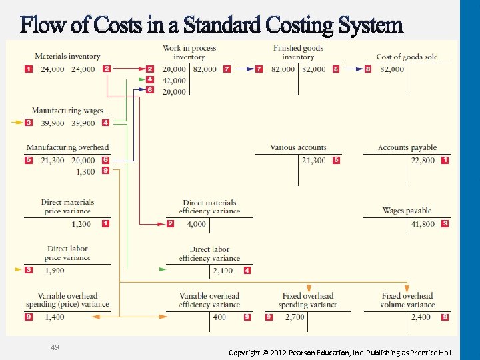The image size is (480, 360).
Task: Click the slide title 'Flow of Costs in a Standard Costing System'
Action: pos(212,25)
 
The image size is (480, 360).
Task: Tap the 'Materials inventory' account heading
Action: pos(67,57)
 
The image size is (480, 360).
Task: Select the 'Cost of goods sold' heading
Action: pos(407,57)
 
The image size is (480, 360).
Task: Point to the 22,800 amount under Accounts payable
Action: pos(423,160)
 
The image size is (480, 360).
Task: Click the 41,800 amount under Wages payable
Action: pos(423,224)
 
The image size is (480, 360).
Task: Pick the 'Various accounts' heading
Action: pos(298,147)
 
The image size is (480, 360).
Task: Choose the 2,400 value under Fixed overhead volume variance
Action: pos(421,317)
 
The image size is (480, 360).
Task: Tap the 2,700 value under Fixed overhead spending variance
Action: pos(295,317)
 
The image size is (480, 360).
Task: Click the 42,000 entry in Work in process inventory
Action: pos(174,80)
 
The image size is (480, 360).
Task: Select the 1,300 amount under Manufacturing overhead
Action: pos(85,172)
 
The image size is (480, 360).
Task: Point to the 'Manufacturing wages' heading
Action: pos(67,111)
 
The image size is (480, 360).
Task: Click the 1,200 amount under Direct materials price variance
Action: pos(81,224)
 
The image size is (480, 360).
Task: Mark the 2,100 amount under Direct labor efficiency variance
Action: pos(223,271)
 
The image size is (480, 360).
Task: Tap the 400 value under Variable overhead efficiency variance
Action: pos(219,317)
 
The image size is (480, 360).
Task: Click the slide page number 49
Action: pos(55,347)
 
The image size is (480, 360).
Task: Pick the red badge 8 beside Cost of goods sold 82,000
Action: pos(368,69)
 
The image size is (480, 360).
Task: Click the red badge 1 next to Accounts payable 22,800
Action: pos(445,160)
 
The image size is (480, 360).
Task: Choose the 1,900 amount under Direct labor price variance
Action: pos(55,271)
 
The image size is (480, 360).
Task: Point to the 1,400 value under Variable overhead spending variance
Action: pos(55,317)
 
